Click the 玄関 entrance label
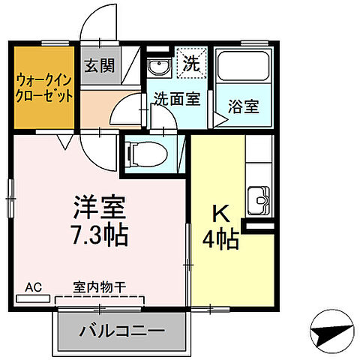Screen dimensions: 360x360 pyautogui.click(x=99, y=66)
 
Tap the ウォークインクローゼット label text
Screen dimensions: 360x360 pyautogui.click(x=44, y=87)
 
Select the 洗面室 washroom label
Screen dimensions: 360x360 pyautogui.click(x=177, y=98)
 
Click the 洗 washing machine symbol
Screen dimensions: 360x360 pyautogui.click(x=188, y=64)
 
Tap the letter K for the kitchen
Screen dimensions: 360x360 pyautogui.click(x=220, y=214)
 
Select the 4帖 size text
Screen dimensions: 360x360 pyautogui.click(x=220, y=241)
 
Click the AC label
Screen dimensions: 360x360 pyautogui.click(x=33, y=286)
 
